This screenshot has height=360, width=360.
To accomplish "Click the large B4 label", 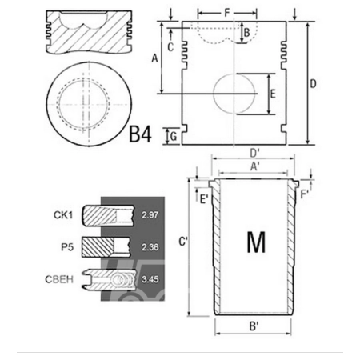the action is [140, 134].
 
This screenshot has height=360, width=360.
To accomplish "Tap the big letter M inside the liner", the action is [256, 242].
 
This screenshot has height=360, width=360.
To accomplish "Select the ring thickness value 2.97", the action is [150, 214].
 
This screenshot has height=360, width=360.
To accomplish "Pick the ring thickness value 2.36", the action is [150, 247].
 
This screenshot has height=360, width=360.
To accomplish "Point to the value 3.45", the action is [150, 279].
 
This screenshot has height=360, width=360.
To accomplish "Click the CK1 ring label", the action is [63, 214].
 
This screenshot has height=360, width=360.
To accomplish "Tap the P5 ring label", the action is [67, 247].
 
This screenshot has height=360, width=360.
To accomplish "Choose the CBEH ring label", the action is [59, 279].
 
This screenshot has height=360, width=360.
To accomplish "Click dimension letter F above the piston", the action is [227, 13].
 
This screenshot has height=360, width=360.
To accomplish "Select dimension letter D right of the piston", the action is [313, 84].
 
